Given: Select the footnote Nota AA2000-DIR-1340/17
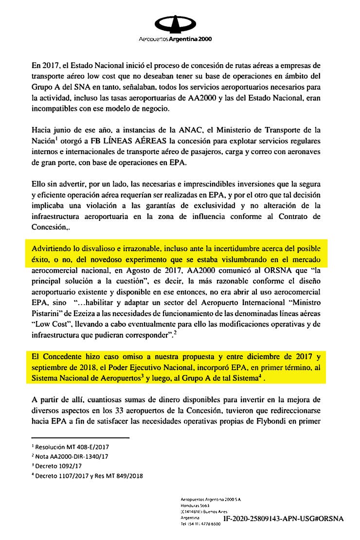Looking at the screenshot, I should pyautogui.click(x=63, y=456).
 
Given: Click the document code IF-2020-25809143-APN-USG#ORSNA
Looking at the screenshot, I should pyautogui.click(x=283, y=519).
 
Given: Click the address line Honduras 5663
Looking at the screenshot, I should pyautogui.click(x=195, y=505).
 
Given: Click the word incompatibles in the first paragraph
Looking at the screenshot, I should pyautogui.click(x=56, y=108).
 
